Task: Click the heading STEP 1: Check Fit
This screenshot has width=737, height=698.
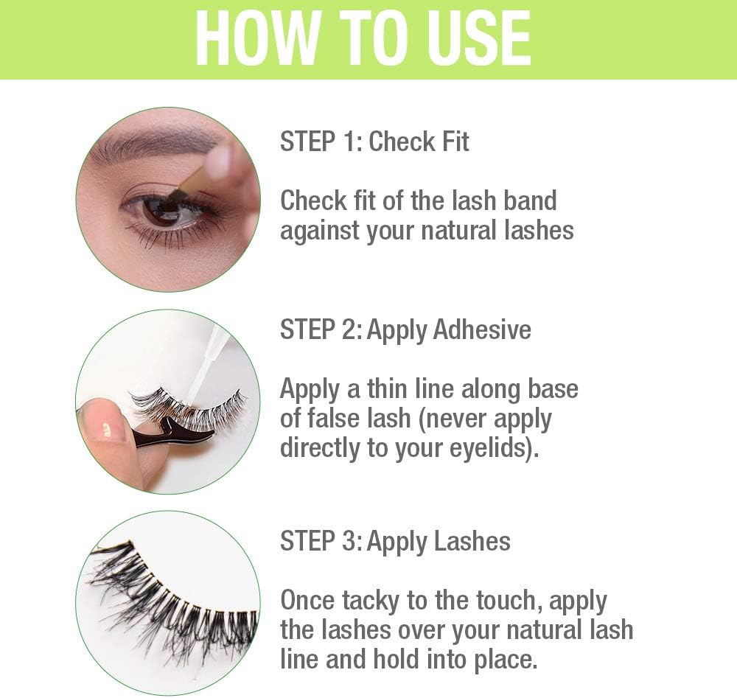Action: coord(374,142)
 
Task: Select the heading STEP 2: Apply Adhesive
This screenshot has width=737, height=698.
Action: coord(405,329)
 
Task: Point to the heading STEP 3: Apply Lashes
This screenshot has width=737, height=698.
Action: coord(395,541)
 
